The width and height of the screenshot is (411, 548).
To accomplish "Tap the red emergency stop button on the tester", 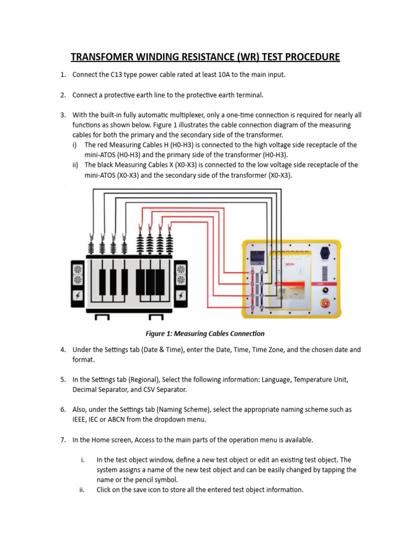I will coord(324,303).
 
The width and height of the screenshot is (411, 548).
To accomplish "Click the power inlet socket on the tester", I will coord(324,252).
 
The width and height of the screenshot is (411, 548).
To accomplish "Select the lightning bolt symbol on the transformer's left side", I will coord(78,296).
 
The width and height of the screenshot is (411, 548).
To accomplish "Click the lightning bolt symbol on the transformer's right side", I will coord(181,296).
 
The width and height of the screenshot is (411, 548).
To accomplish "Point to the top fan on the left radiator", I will coord(78,269).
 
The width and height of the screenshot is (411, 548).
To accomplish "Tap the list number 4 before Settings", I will coord(63,350).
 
